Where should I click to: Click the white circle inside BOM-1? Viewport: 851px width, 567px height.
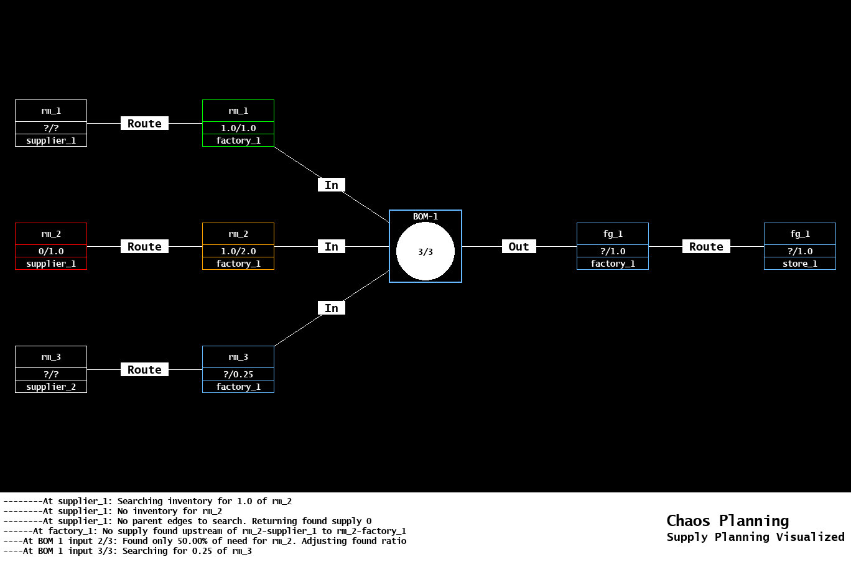pos(425,252)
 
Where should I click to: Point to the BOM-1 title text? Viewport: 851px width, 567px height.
pos(425,216)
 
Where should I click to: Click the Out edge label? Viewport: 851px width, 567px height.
pos(519,247)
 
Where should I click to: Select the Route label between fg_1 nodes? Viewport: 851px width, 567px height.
pos(706,247)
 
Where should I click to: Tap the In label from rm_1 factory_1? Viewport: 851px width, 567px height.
pos(332,185)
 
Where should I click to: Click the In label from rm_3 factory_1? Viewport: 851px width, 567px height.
pos(332,308)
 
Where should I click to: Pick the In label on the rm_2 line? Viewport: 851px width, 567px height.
pos(332,247)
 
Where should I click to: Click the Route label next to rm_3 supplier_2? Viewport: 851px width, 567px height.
pos(144,370)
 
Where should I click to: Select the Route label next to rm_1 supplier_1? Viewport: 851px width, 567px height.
pos(144,124)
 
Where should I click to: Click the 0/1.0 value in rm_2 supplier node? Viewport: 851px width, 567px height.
pos(51,251)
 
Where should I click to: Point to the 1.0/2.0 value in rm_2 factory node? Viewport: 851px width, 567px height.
pos(238,251)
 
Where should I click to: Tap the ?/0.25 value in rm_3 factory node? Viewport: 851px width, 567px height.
pos(238,374)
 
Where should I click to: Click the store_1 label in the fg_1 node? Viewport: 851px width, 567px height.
pos(800,264)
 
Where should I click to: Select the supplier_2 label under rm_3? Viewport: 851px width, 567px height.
pos(51,387)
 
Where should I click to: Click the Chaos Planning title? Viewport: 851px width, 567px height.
pos(727,520)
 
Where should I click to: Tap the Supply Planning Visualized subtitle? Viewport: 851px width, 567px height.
pos(755,537)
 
